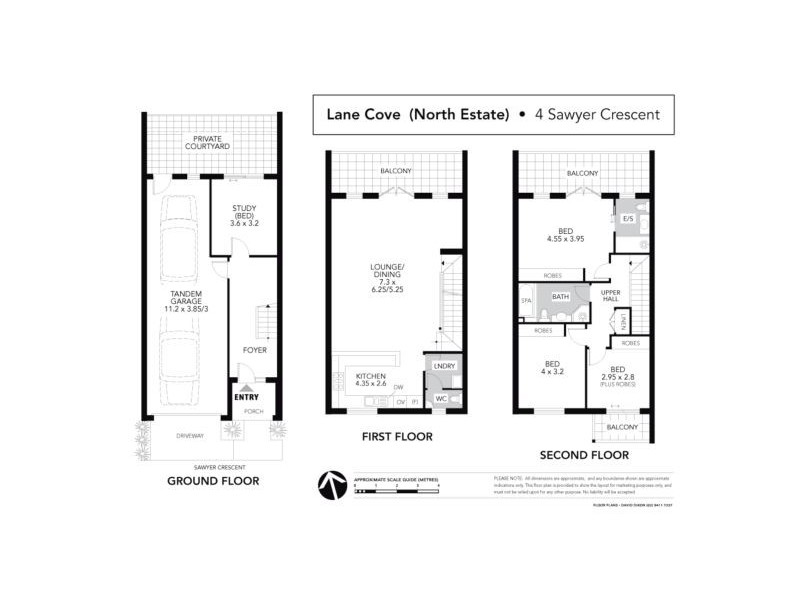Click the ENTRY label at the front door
[x=245, y=396]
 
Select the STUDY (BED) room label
[x=245, y=216]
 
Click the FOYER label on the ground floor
[x=254, y=349]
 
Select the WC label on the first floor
[x=440, y=399]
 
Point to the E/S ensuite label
[x=628, y=218]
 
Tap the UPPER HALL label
[x=611, y=297]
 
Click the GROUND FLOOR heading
[x=213, y=481]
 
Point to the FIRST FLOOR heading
[x=397, y=437]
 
